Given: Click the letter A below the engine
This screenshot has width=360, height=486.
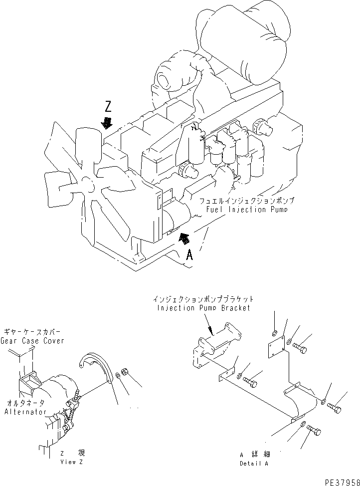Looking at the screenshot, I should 189,255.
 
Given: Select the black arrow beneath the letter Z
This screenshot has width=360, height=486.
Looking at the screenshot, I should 106,122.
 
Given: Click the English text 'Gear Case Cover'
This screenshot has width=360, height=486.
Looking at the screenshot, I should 33,341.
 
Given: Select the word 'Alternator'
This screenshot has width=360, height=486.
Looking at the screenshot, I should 24,412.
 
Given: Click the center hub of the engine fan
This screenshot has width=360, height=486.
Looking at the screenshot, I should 89,185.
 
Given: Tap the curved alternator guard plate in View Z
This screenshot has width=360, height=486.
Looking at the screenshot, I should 98,367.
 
